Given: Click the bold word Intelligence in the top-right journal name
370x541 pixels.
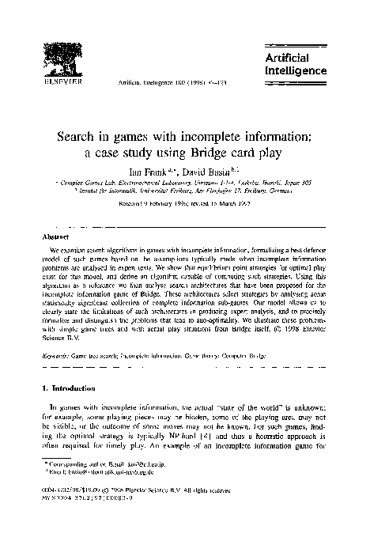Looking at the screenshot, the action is pos(297,70).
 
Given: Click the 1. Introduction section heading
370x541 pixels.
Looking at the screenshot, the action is pos(72,388).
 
